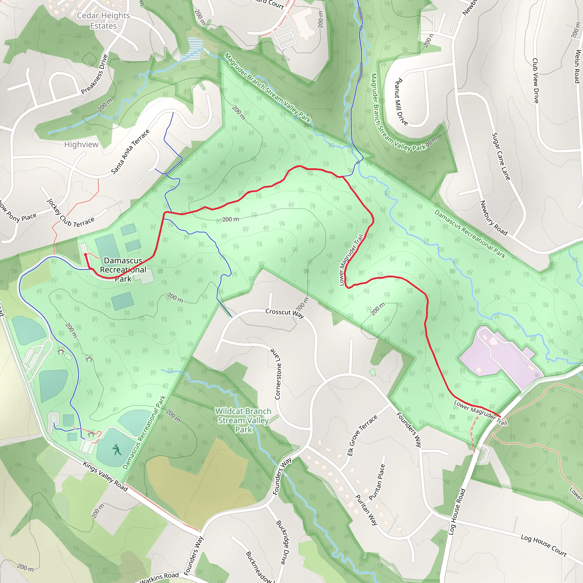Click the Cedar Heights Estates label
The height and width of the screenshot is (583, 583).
[103, 20]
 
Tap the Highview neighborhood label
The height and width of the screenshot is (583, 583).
[81, 145]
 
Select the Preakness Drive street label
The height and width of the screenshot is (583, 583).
[95, 74]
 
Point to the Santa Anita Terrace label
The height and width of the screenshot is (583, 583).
[130, 152]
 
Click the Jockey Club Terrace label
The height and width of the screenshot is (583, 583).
[71, 213]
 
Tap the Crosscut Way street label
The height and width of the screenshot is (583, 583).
[285, 313]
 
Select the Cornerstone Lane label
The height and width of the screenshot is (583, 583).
[278, 374]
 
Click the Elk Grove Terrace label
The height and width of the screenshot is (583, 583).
[362, 435]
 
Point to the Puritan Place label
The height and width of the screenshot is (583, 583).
[377, 482]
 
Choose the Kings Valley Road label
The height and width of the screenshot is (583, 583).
[105, 476]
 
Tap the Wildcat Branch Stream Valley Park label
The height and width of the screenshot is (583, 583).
[243, 420]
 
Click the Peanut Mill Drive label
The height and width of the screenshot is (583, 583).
[401, 102]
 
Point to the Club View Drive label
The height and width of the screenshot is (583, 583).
[536, 81]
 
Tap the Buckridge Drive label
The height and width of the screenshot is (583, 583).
[284, 542]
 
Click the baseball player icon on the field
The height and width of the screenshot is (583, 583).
[116, 450]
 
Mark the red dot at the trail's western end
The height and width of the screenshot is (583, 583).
[85, 255]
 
